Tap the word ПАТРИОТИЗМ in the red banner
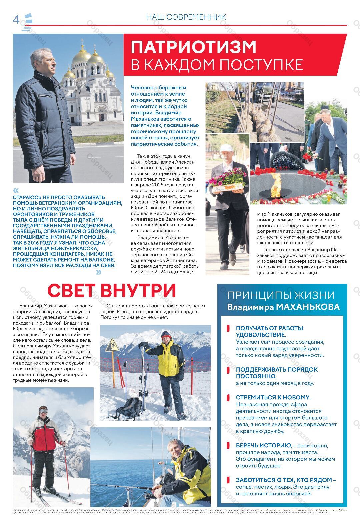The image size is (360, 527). (194, 47)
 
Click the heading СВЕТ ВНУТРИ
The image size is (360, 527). (112, 290)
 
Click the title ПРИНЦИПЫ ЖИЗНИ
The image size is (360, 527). (281, 296)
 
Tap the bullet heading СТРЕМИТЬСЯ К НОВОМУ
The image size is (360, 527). (273, 397)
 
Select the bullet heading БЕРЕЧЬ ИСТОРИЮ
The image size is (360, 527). (263, 446)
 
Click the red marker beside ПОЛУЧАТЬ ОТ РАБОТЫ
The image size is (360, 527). (228, 328)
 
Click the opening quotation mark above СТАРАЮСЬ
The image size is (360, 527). (16, 190)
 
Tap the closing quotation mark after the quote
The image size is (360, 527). (99, 272)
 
